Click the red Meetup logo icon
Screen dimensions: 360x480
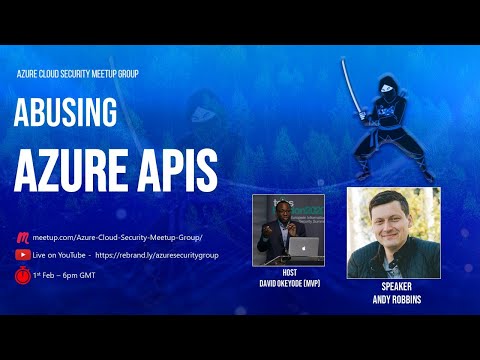(21, 238)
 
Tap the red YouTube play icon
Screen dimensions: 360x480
(21, 256)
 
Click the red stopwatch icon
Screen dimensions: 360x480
(21, 275)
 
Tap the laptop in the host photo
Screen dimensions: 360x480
(307, 247)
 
